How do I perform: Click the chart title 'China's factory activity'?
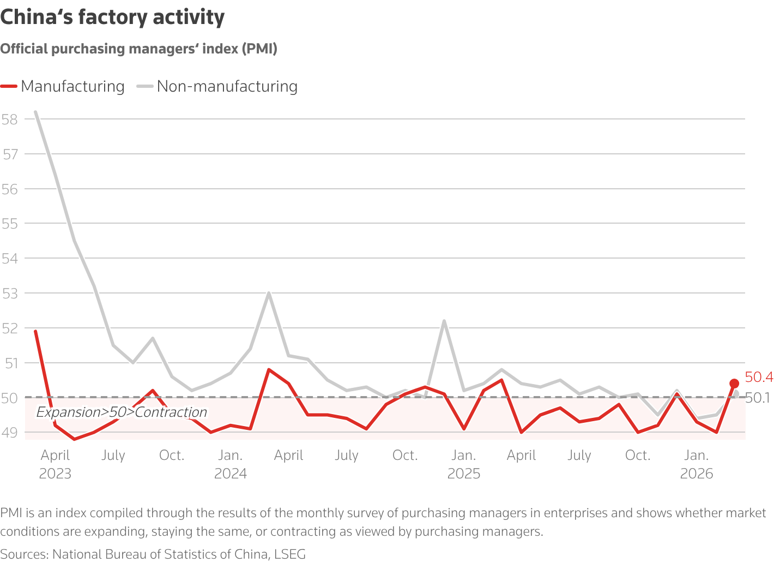pos(112,17)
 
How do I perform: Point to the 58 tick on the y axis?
pos(9,119)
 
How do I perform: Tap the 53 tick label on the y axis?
pos(9,294)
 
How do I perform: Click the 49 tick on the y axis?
pos(9,433)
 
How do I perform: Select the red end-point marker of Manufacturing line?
pos(734,384)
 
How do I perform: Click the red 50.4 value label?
pos(759,377)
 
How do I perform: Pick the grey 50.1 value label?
pos(758,398)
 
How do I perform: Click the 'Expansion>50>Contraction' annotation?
pos(122,412)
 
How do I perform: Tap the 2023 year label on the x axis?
pos(55,474)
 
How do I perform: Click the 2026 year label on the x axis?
pos(696,474)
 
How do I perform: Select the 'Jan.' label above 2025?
pos(463,456)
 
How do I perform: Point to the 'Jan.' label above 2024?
pos(230,456)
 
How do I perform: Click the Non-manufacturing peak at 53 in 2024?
pos(269,293)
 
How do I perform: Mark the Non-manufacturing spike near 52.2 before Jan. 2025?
pos(444,321)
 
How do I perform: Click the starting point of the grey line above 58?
pos(35,112)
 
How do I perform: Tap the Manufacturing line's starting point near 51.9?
pos(35,331)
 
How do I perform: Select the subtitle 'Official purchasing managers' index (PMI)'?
pos(139,49)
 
